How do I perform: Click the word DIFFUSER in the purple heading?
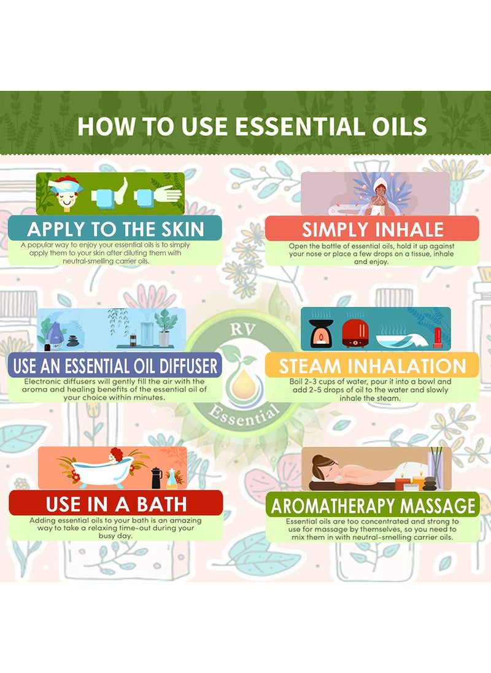(x=180, y=366)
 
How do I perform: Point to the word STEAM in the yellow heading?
(x=309, y=366)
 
